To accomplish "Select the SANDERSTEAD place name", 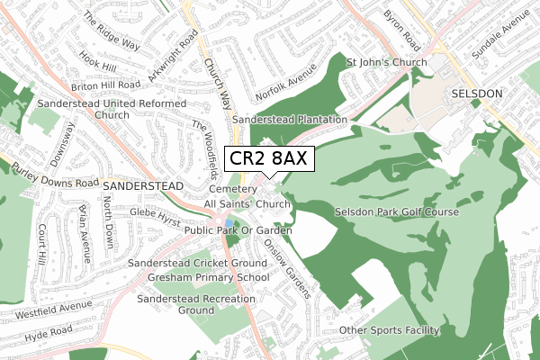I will pyautogui.click(x=143, y=184).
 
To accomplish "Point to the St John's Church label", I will pyautogui.click(x=386, y=62).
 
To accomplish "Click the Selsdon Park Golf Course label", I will pyautogui.click(x=397, y=211).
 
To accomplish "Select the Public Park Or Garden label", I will pyautogui.click(x=238, y=231).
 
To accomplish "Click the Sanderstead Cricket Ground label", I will pyautogui.click(x=198, y=263).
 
